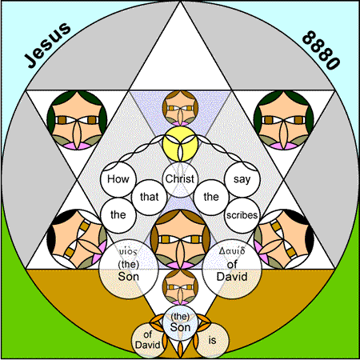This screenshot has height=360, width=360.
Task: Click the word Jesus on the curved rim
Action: click(x=47, y=45)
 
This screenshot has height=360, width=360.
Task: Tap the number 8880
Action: click(x=321, y=50)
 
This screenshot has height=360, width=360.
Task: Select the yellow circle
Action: click(x=180, y=144)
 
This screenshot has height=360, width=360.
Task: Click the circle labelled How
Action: click(x=118, y=179)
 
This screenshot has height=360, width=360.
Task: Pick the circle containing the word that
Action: click(x=149, y=197)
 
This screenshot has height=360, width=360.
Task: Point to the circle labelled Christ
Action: click(x=180, y=179)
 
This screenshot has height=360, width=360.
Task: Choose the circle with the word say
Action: click(x=242, y=179)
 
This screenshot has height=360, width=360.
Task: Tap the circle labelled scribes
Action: click(x=242, y=215)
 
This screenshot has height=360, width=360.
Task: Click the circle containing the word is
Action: click(x=212, y=341)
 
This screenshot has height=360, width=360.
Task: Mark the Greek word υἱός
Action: click(x=128, y=251)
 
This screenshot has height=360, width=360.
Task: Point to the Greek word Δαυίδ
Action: click(x=232, y=250)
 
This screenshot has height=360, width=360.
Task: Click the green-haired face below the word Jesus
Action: click(x=77, y=120)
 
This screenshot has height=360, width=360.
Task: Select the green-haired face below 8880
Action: click(x=284, y=120)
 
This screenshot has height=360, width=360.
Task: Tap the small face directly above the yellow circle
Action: click(x=180, y=108)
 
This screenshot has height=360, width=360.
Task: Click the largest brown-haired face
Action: click(x=180, y=239)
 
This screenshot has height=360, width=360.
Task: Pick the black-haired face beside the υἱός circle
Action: click(x=77, y=239)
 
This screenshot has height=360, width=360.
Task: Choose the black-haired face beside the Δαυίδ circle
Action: click(x=284, y=239)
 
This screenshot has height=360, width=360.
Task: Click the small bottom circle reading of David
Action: click(x=148, y=341)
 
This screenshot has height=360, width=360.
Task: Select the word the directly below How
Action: click(x=118, y=214)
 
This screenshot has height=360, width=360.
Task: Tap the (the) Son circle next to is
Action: click(x=180, y=323)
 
